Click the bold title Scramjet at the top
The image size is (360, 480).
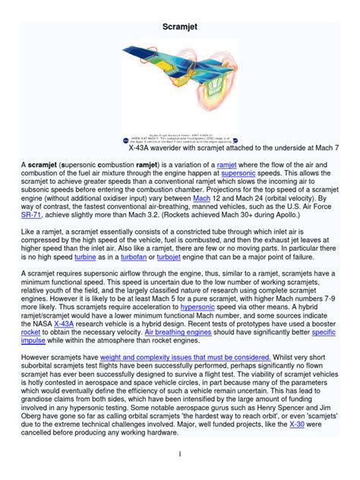[179, 27]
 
